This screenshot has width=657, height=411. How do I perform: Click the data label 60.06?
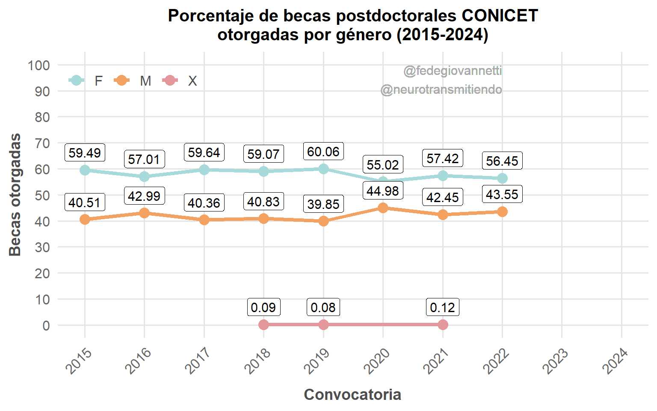(x=323, y=152)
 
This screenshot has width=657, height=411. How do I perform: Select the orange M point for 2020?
(x=383, y=208)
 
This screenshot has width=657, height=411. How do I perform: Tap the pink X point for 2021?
(x=443, y=325)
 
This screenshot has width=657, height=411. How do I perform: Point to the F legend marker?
(x=76, y=80)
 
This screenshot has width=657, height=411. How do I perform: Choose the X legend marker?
(x=170, y=80)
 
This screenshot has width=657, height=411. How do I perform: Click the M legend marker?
(x=122, y=80)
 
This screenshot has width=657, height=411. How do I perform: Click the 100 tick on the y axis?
(x=39, y=66)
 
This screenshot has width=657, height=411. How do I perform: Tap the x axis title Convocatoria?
(x=352, y=394)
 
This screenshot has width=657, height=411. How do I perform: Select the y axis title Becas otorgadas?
(x=15, y=195)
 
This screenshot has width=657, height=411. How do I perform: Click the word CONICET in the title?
(x=500, y=16)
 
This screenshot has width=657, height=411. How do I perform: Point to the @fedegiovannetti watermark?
(x=453, y=71)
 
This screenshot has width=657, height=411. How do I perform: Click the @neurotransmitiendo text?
(x=441, y=89)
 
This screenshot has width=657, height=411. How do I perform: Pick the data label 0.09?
(x=263, y=307)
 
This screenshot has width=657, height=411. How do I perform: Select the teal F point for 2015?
(x=85, y=170)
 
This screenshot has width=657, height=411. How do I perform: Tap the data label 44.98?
(x=383, y=191)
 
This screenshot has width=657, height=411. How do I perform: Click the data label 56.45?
(x=502, y=161)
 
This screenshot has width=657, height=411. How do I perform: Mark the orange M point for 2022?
(x=502, y=212)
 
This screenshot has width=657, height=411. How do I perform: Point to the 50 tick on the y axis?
(x=42, y=195)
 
